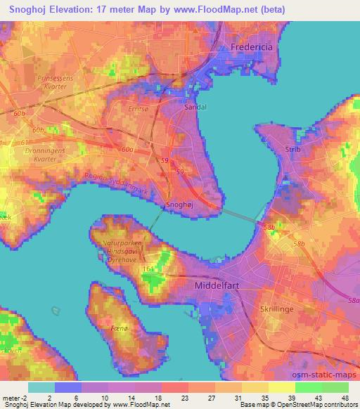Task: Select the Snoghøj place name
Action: pos(180,204)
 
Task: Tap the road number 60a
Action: pos(127,149)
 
